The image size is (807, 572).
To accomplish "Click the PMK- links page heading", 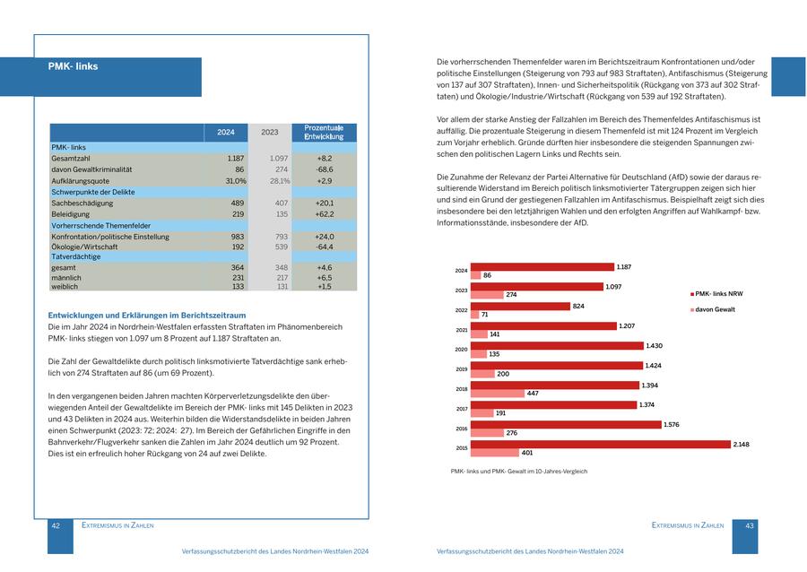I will point(74,66).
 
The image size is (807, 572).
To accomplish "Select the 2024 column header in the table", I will point(226,133).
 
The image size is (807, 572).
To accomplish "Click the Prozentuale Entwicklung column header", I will point(324,133).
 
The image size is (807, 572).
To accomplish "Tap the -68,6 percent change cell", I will point(324,169).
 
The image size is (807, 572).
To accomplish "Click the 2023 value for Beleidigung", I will point(281,214).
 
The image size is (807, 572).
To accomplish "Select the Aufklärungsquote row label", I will point(81,180).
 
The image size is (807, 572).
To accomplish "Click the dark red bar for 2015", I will point(600,444).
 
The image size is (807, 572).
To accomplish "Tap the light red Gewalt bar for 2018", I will point(497,394).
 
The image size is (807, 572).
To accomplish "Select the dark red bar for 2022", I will point(520,306).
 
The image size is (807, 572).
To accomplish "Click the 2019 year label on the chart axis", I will point(461,369).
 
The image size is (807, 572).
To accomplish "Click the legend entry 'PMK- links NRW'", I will point(717,293).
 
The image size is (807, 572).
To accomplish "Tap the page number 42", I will point(56,525).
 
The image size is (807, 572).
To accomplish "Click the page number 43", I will point(751,525).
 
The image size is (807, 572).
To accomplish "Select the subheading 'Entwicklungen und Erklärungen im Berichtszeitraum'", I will point(146,316).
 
